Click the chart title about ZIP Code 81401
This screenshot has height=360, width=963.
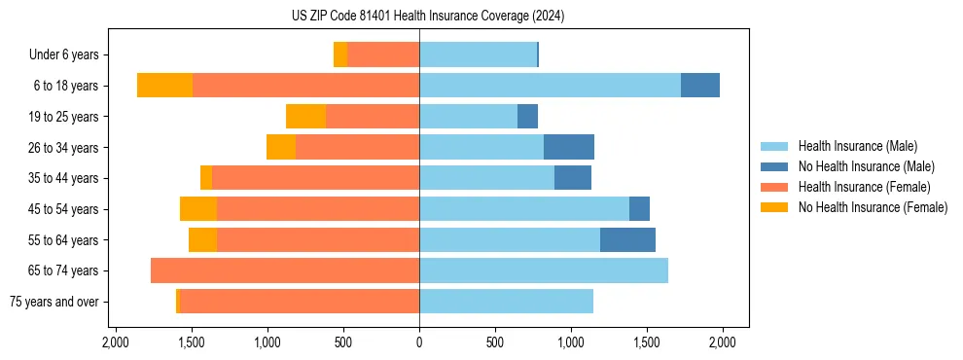click(427, 17)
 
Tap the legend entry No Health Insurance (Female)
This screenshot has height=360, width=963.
click(873, 207)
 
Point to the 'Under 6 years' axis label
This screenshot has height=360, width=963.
click(64, 55)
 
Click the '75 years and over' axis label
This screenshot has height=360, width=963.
click(53, 302)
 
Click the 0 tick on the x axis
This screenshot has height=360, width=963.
click(419, 342)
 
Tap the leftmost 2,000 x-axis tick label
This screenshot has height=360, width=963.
click(116, 342)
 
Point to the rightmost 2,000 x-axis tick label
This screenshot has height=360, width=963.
click(723, 342)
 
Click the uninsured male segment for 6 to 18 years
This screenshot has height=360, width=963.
click(700, 86)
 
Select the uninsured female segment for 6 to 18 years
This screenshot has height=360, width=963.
click(164, 86)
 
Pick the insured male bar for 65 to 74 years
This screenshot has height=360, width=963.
click(544, 270)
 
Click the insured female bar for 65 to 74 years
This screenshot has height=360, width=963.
click(285, 270)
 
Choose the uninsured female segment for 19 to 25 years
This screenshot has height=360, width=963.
click(305, 117)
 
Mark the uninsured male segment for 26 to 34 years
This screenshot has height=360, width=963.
click(569, 148)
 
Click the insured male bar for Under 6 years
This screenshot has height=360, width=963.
click(478, 55)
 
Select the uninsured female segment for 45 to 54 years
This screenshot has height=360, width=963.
click(198, 209)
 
